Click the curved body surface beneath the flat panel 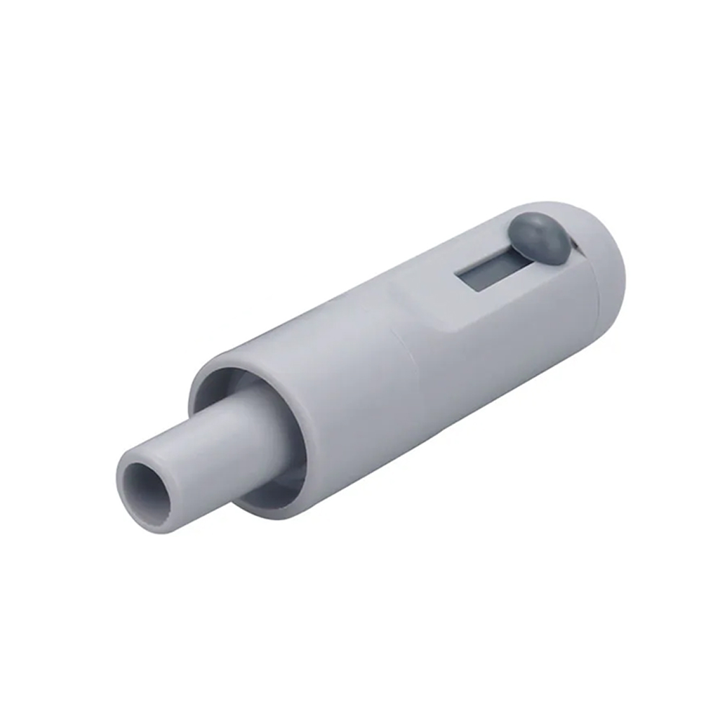[x=490, y=375]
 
